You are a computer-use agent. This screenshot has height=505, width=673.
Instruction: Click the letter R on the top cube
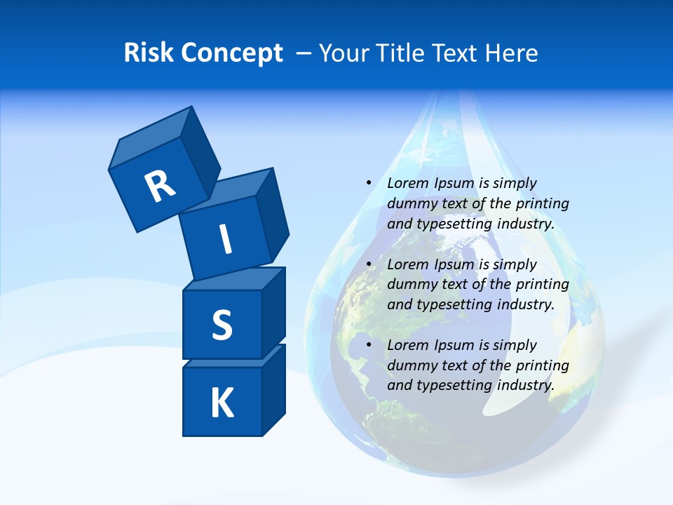[160, 186]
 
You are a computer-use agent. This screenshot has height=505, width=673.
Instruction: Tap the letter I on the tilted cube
[225, 239]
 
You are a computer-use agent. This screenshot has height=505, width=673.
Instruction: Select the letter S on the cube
[222, 325]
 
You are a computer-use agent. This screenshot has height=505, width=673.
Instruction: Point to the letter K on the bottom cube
[222, 403]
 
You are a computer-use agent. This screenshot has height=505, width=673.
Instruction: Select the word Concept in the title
[231, 53]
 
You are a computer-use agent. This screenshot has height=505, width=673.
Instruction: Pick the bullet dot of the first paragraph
[369, 183]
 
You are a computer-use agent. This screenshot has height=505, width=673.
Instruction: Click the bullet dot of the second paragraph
[369, 264]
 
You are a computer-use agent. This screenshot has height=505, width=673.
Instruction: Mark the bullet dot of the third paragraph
[369, 345]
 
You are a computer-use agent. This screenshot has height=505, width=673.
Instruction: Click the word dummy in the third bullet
[409, 365]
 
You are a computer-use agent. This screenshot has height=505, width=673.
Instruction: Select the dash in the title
[304, 53]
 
